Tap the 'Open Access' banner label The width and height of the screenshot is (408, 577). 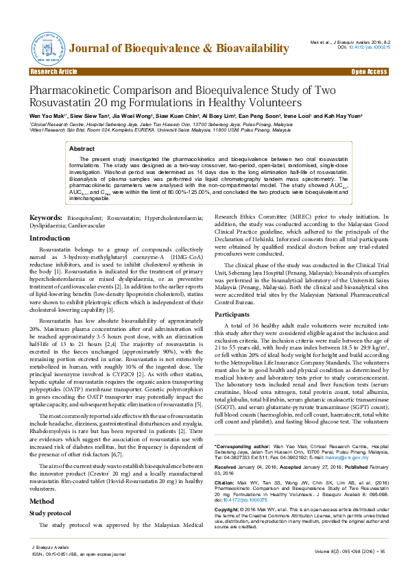[369, 71]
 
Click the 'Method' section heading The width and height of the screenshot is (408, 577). [40, 482]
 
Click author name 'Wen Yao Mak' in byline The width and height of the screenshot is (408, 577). [47, 117]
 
